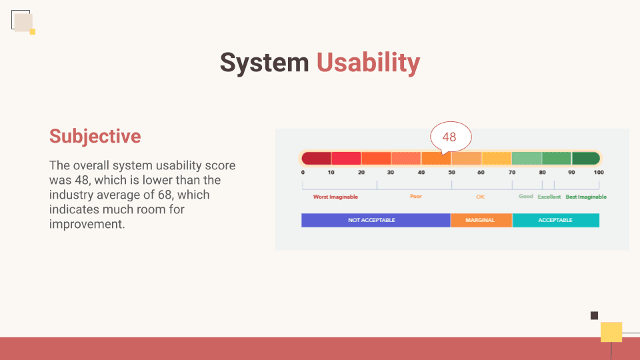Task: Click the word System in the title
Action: tap(265, 63)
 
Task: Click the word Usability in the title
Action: tap(368, 63)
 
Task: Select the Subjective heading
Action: tap(95, 136)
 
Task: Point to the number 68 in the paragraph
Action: tap(165, 195)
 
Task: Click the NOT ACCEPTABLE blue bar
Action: tap(376, 220)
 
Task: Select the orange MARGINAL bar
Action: tap(481, 220)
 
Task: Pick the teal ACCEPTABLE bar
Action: tap(556, 220)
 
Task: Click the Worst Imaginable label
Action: tap(335, 197)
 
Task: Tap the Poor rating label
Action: tap(416, 196)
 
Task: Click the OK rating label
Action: tap(481, 197)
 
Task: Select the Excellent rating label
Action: tap(549, 197)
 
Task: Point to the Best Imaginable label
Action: tap(586, 197)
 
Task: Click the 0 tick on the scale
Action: tap(303, 172)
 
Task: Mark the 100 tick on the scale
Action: tap(599, 172)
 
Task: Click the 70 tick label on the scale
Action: tap(512, 172)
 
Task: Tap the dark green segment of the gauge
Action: tap(586, 158)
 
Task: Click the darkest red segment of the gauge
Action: tap(316, 158)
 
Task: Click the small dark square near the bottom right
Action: tap(594, 315)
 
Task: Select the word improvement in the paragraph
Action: tap(87, 224)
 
